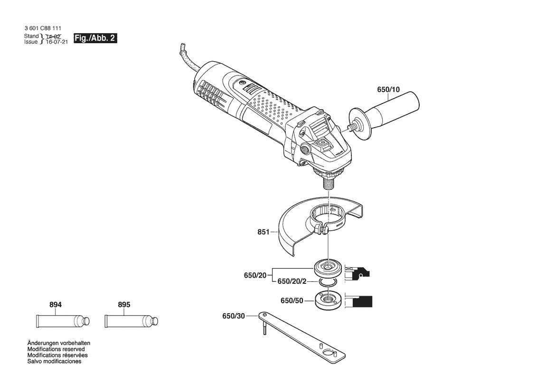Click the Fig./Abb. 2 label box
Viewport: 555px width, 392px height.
(95, 38)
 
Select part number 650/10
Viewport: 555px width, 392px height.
(388, 90)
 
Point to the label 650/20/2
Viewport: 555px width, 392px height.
(292, 281)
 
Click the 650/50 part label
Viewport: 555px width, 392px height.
(292, 300)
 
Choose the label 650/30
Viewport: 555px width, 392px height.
(233, 317)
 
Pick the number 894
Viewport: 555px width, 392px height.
(56, 305)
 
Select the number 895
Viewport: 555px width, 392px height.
(123, 305)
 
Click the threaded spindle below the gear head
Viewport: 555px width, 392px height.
(328, 182)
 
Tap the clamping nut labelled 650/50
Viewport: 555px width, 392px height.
(328, 300)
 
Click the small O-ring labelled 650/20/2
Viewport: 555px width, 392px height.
(328, 282)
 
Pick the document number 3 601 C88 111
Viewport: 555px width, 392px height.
(42, 29)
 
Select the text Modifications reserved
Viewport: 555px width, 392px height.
(56, 349)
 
